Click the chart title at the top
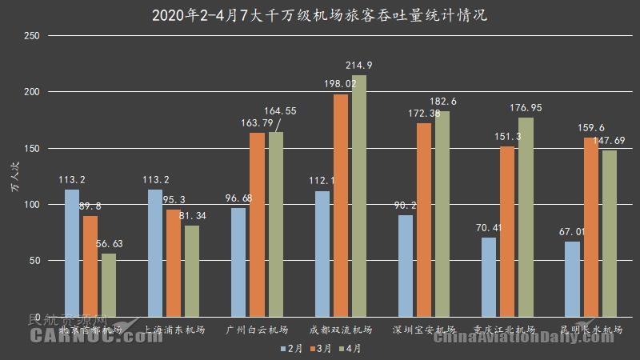[x=319, y=14]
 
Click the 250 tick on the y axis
[x=31, y=36]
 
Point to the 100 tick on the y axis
[x=31, y=205]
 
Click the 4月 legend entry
[x=352, y=349]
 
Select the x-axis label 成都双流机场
[x=340, y=330]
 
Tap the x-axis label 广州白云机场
[x=257, y=330]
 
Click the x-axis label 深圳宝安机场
[x=423, y=330]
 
